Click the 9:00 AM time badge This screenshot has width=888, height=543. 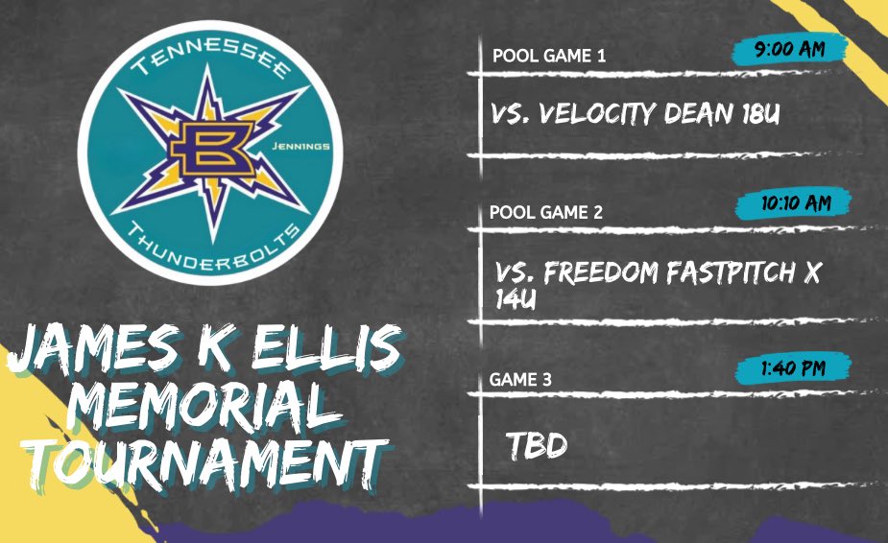pyautogui.click(x=789, y=49)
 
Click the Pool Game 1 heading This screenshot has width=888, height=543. pyautogui.click(x=548, y=56)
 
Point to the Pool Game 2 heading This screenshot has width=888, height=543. pyautogui.click(x=546, y=213)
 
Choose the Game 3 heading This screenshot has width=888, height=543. pyautogui.click(x=520, y=380)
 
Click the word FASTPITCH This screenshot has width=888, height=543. pyautogui.click(x=735, y=273)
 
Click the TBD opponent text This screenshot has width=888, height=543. pyautogui.click(x=537, y=446)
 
